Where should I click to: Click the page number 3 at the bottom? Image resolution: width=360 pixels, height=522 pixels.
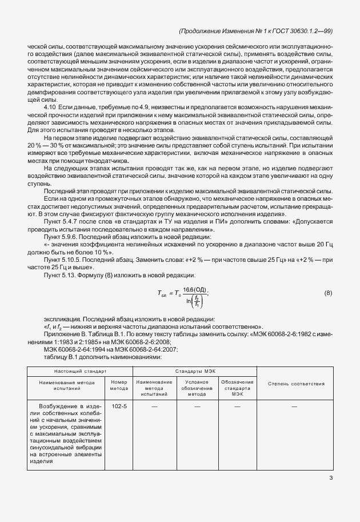331,479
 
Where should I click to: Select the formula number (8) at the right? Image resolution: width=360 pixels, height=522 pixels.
328,293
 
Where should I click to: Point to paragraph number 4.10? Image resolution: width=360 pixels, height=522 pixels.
50,107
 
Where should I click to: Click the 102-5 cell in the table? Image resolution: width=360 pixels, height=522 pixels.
119,407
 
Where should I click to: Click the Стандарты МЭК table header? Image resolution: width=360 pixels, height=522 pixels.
195,371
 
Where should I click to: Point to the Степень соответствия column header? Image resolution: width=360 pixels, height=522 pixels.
296,383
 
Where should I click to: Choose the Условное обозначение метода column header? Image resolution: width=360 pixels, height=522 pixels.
197,388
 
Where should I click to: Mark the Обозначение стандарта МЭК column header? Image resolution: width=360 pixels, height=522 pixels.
238,388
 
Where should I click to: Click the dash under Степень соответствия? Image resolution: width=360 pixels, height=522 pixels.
295,407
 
